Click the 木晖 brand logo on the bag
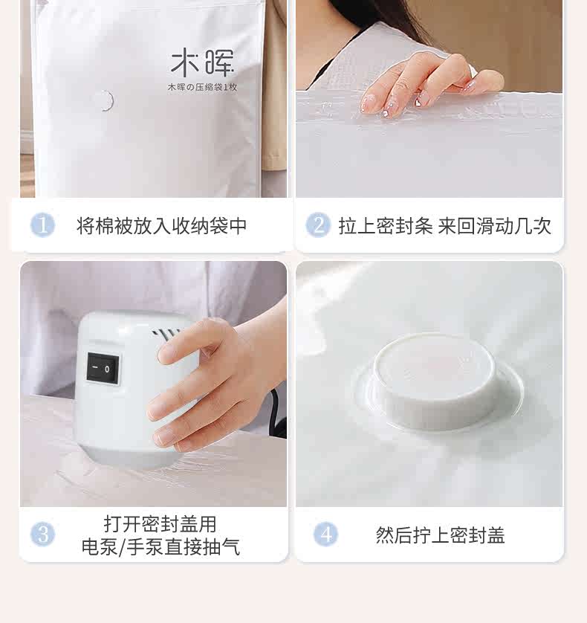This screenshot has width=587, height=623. (202, 62)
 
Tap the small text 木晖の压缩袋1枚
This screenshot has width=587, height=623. (202, 87)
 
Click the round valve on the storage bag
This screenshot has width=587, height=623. (105, 100)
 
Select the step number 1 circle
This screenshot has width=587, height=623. (42, 225)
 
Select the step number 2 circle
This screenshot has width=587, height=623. (318, 225)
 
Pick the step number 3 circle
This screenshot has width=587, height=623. (42, 534)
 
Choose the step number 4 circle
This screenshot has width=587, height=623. (325, 534)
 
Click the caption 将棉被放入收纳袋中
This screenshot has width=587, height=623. (161, 226)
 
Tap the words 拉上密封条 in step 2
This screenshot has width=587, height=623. (385, 226)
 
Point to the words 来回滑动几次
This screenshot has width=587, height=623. (494, 226)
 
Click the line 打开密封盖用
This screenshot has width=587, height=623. (160, 523)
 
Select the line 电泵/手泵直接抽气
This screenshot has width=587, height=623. (160, 546)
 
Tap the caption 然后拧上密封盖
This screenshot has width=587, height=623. (440, 535)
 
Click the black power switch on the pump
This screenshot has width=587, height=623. (103, 368)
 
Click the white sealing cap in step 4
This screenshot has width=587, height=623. (435, 382)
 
